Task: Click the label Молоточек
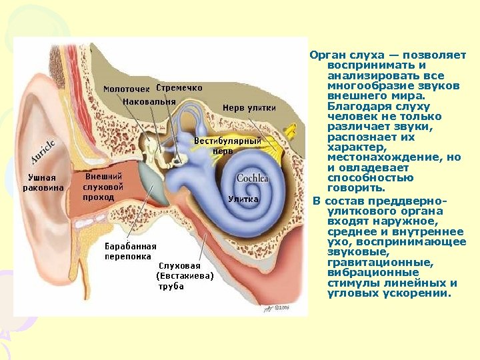126,89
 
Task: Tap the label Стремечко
179,87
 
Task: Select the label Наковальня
149,102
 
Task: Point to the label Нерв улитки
249,107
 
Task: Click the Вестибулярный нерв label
227,145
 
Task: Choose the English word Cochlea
252,178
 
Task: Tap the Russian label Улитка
243,199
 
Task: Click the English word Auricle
42,151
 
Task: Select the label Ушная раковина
43,182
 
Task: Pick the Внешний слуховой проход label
103,187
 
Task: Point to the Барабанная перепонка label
130,251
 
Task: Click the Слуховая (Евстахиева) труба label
184,276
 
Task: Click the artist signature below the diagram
279,308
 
